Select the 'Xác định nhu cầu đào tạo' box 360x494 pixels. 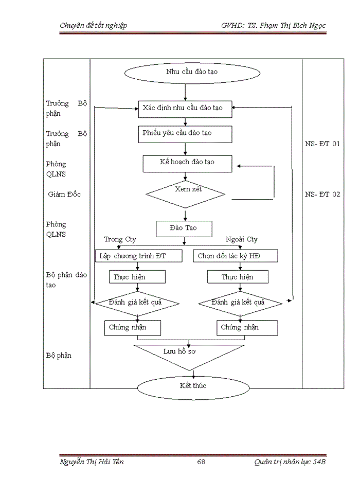185,108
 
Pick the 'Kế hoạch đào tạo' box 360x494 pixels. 187,162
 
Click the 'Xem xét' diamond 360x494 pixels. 186,194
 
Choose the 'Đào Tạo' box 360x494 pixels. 184,227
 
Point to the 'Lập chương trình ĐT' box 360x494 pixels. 138,256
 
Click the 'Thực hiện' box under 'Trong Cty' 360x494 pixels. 137,277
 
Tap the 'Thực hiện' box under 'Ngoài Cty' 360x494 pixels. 238,277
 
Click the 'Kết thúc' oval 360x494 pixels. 193,386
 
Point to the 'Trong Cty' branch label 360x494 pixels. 120,239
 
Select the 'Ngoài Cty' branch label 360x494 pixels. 242,239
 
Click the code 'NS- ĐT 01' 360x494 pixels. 322,144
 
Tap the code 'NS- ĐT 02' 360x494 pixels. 322,195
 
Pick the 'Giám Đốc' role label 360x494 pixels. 64,195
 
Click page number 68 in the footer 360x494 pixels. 201,462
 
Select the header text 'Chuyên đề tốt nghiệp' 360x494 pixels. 94,25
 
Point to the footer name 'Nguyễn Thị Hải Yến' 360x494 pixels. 92,462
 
